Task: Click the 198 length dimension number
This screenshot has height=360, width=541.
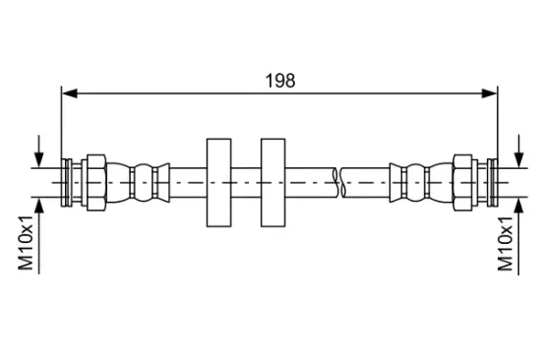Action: point(280,81)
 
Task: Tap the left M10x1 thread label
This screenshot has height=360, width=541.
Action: point(26,243)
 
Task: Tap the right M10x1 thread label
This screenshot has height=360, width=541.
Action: point(506,244)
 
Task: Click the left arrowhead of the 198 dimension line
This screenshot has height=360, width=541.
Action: point(70,93)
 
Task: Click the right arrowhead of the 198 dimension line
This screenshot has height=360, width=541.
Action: point(489,93)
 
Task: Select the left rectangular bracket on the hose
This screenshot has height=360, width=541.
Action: point(218,183)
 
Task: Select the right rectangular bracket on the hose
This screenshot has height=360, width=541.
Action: point(272,183)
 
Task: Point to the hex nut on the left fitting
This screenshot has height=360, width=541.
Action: point(96,183)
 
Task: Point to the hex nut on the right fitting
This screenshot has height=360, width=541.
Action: point(462,183)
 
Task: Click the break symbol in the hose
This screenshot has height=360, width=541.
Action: point(339,183)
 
